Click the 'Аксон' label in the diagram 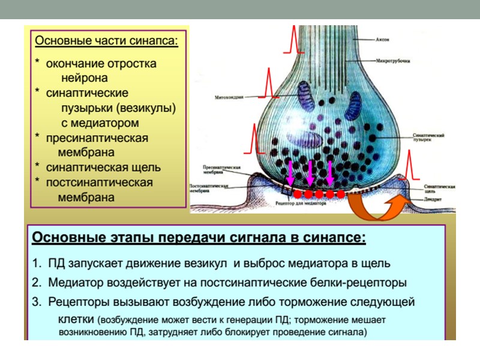tap(383, 40)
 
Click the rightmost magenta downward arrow tap(330, 173)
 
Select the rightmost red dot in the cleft tap(340, 194)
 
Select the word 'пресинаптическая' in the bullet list tap(97, 138)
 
